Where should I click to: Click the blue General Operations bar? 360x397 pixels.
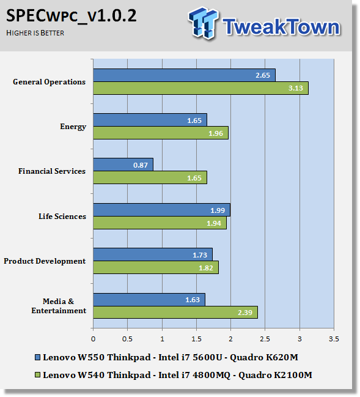[x=184, y=75]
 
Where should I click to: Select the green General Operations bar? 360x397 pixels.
[x=200, y=88]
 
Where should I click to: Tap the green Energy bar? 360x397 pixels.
[x=161, y=133]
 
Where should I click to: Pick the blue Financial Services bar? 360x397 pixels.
[x=123, y=165]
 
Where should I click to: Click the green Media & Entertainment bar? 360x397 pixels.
[x=175, y=313]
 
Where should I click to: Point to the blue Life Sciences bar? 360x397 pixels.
[x=161, y=210]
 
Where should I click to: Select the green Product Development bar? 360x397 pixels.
[x=156, y=267]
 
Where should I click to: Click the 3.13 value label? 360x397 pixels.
[x=295, y=88]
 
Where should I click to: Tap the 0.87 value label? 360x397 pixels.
[x=141, y=165]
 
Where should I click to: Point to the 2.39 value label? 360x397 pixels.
[x=245, y=313]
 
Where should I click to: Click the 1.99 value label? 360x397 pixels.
[x=218, y=210]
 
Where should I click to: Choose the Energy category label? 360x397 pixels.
[x=73, y=127]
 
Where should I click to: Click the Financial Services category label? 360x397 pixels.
[x=52, y=171]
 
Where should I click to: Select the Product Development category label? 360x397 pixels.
[x=45, y=261]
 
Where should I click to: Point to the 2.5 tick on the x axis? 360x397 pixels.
[x=265, y=339]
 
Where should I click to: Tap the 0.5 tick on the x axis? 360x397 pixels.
[x=127, y=339]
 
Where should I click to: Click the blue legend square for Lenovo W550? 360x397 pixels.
[x=37, y=357]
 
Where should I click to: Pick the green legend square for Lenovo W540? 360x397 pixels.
[x=37, y=375]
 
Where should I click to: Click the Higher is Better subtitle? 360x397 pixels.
[x=35, y=33]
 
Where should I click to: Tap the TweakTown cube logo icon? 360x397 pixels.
[x=203, y=23]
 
